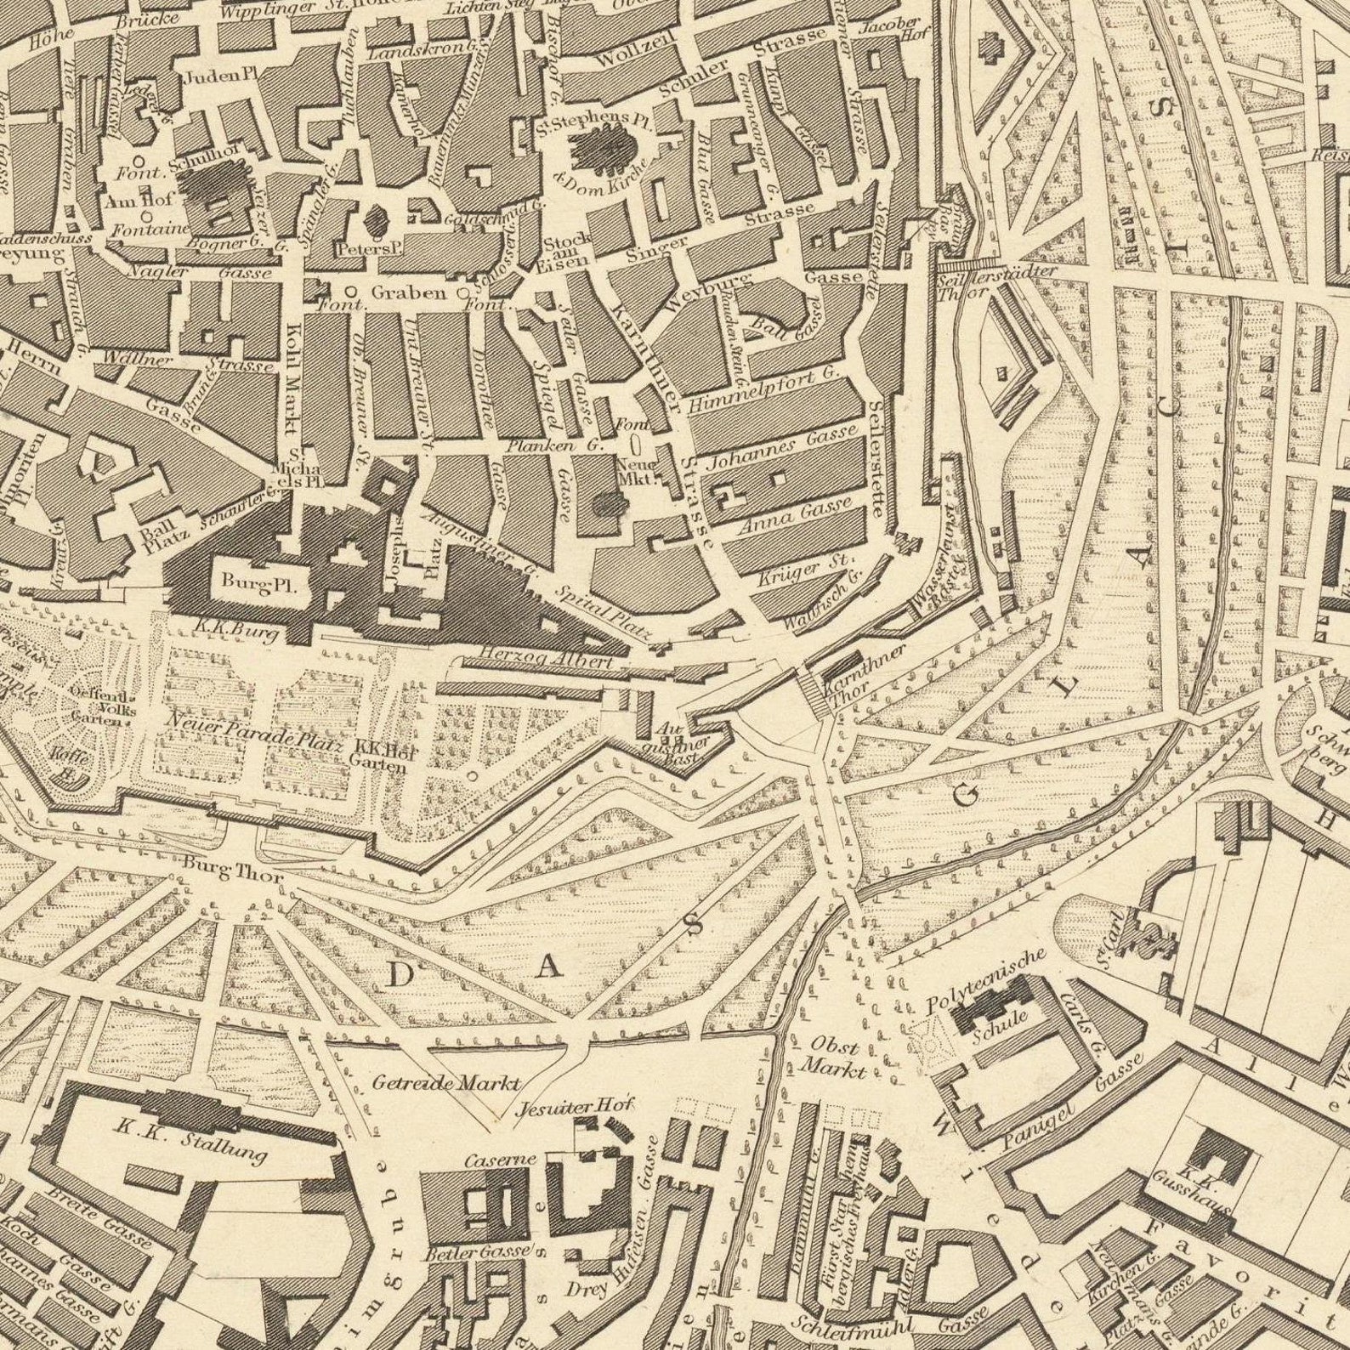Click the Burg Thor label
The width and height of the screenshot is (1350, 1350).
point(233,872)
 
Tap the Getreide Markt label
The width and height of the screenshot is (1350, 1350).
point(445,1083)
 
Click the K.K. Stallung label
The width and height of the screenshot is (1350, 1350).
point(191,1141)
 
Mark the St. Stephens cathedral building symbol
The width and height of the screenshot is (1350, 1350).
point(604,150)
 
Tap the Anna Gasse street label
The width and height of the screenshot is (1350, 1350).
point(794,515)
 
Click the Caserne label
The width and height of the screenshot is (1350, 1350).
point(500,1160)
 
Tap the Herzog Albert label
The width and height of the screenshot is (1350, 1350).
point(533,660)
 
